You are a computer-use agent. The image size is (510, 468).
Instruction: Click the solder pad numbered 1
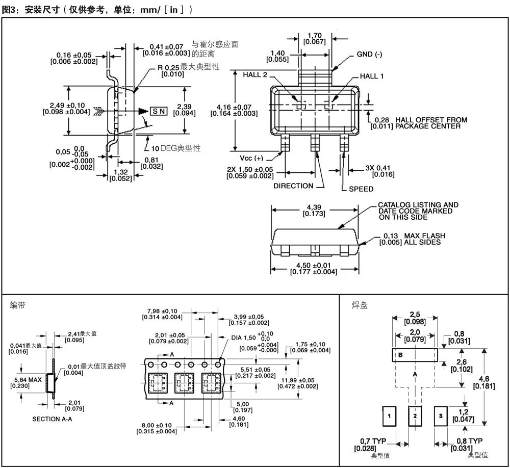389,416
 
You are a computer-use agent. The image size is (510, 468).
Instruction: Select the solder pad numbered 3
441,416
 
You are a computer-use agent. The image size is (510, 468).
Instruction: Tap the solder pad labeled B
415,355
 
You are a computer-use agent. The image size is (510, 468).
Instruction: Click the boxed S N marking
159,111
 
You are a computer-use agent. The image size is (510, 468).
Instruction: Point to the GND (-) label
369,55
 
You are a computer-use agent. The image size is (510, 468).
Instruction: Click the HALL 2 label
254,75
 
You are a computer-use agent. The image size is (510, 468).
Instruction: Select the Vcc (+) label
251,159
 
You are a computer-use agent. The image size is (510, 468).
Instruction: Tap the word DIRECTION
293,186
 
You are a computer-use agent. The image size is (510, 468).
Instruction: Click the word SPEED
361,189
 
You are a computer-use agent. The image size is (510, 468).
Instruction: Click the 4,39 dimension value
314,207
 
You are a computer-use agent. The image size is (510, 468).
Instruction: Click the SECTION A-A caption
52,419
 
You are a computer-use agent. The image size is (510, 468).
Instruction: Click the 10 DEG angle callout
176,148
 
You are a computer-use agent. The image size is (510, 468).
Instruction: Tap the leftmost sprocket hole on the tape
150,365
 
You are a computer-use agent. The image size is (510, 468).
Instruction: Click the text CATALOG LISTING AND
418,205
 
